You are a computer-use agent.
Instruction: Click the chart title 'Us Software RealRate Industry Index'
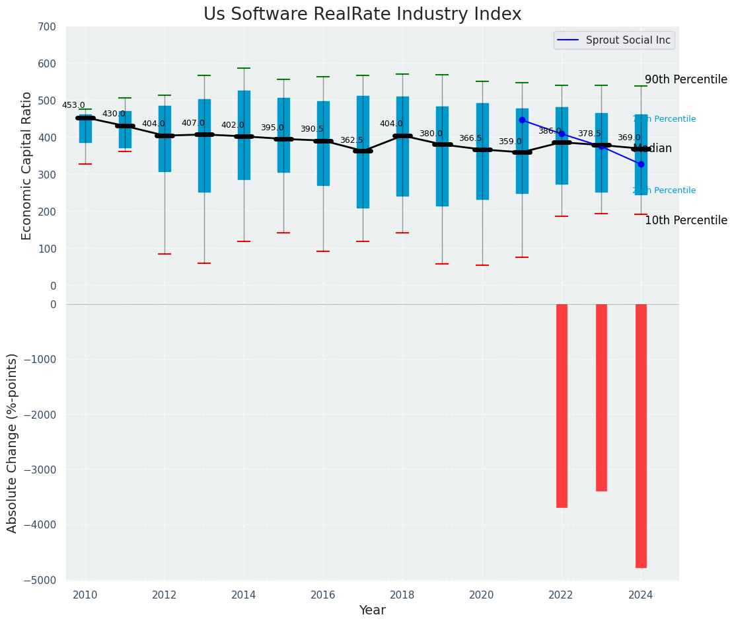pos(362,15)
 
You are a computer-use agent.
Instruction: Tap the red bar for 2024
pos(641,435)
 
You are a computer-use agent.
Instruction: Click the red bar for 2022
pos(562,405)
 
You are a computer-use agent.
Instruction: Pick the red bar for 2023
pos(601,397)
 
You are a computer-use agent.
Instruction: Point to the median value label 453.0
pos(73,105)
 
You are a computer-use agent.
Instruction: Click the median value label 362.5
pos(351,140)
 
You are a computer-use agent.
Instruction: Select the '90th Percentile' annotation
pos(686,79)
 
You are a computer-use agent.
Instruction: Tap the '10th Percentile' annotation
pos(686,220)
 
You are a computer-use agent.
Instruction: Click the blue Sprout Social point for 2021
pos(522,120)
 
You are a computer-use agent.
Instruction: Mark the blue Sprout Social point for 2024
pos(641,164)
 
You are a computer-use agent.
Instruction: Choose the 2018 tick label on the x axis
pos(402,595)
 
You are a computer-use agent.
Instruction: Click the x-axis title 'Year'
pos(372,610)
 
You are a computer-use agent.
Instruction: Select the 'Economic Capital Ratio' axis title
pos(27,165)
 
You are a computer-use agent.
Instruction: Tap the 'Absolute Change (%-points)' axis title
pos(13,442)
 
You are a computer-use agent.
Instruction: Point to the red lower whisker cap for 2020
pos(482,265)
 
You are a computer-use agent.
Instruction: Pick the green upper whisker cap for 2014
pos(244,68)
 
